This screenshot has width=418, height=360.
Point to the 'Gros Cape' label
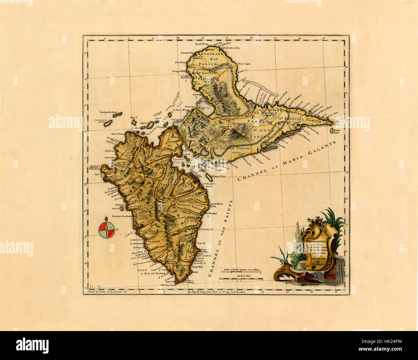(244, 64)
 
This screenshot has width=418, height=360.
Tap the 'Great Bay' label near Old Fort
(197, 267)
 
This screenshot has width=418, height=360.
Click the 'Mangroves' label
(204, 108)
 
